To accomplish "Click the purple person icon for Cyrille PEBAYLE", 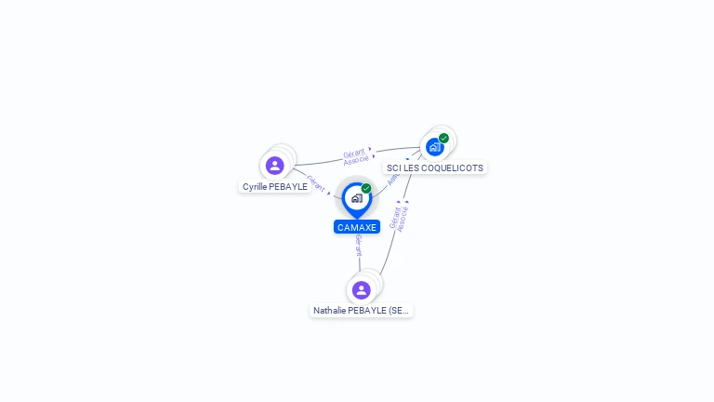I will point(274,166).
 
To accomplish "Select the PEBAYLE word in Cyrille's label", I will point(289,187).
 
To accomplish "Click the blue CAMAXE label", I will point(357,227).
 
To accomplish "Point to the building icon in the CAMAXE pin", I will point(356,198).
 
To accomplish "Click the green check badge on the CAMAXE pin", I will point(366,189).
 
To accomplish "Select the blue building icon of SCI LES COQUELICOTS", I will point(434,146).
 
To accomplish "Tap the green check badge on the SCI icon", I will point(444,139).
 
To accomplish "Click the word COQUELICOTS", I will point(453,168).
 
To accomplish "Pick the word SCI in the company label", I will point(394,168).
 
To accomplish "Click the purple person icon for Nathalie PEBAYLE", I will point(362,290).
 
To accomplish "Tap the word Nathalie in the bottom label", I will point(329,311).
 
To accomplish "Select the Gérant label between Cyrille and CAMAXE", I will point(315,182).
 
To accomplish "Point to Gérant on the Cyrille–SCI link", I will point(353,153).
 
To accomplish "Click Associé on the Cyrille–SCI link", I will point(356,160).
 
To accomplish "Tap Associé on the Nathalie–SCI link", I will point(403,219).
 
